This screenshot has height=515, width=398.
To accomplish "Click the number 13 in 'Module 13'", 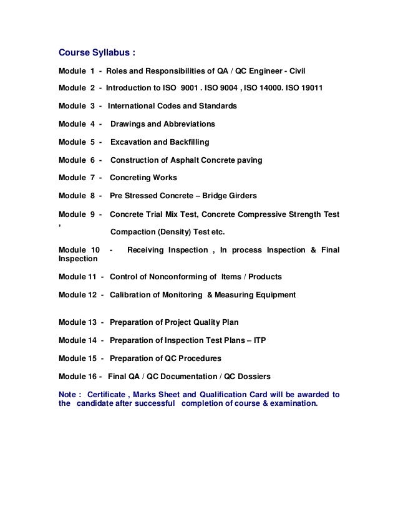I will [x=92, y=322].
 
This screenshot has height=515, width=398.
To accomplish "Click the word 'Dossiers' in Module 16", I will [x=254, y=377].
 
